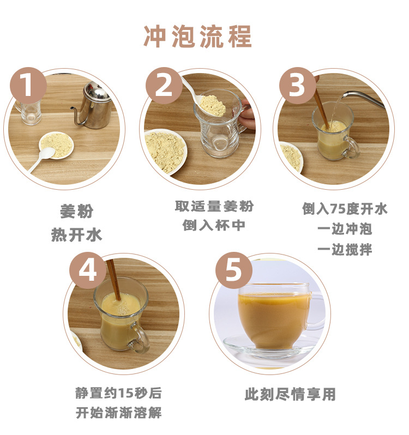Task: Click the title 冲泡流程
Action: [x=197, y=36]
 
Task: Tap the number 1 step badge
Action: [x=28, y=85]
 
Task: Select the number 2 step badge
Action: [x=164, y=85]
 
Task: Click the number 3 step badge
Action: [x=297, y=85]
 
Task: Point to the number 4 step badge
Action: [x=88, y=270]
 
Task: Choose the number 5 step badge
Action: [x=234, y=270]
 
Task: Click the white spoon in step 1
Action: [x=41, y=159]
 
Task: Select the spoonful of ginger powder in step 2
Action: [x=213, y=105]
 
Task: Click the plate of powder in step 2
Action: [x=165, y=152]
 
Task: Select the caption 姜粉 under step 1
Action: [x=77, y=212]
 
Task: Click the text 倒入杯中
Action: [x=214, y=225]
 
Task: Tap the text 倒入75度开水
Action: [x=344, y=209]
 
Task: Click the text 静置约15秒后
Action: [x=118, y=393]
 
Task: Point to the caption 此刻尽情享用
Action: [x=290, y=394]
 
